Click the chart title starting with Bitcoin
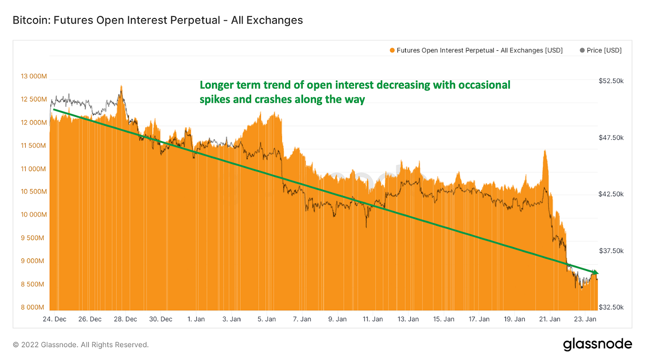[158, 20]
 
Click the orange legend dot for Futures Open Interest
[392, 50]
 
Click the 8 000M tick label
[35, 307]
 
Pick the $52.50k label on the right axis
[611, 81]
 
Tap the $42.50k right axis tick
[611, 194]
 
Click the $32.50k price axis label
[611, 307]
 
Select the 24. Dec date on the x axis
[55, 319]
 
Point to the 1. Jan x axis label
[196, 319]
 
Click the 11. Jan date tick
[373, 319]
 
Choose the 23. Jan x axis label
[586, 319]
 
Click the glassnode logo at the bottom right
[597, 344]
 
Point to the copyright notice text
[81, 345]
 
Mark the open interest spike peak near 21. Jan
[545, 151]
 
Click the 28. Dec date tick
[125, 319]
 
